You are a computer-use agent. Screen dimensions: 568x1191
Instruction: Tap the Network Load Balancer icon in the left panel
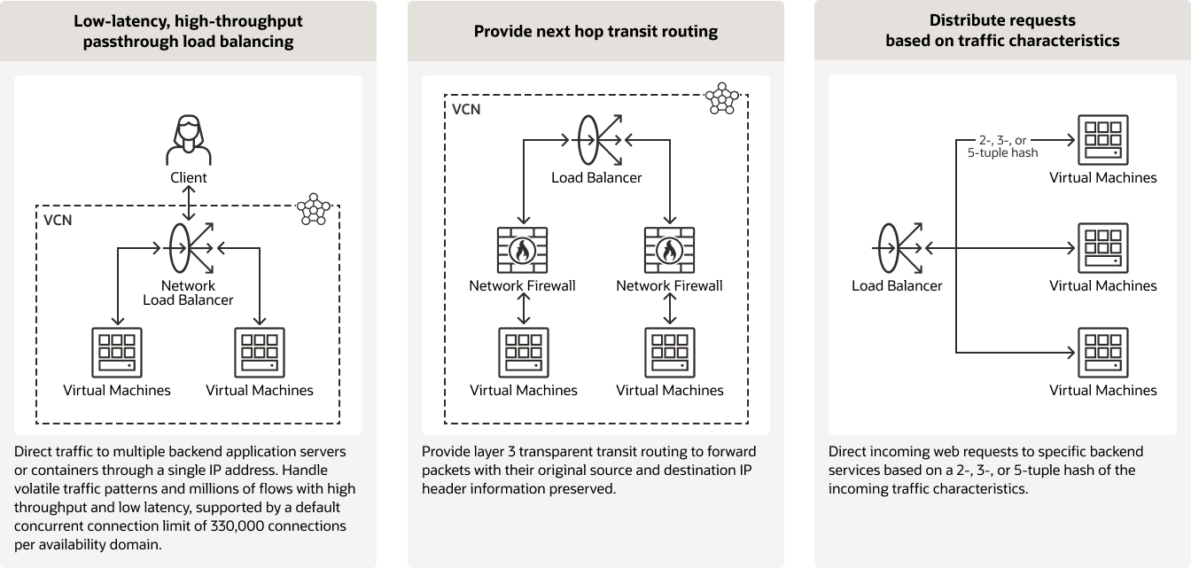point(188,248)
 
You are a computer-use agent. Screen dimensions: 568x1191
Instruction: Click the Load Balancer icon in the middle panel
point(596,140)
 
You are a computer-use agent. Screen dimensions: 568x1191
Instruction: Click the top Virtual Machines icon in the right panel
point(1102,140)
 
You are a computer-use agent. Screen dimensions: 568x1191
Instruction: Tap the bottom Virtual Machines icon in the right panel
point(1102,354)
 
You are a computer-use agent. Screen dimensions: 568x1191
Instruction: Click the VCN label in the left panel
point(58,220)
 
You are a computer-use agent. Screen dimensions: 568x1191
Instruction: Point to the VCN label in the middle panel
point(466,110)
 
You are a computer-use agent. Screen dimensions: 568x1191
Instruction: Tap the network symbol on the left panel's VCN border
point(313,208)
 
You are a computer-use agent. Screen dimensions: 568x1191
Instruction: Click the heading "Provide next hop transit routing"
point(595,32)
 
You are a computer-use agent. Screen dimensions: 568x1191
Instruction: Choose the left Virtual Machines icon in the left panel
point(117,354)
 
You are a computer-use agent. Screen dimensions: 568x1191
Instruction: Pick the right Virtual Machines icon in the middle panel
point(669,354)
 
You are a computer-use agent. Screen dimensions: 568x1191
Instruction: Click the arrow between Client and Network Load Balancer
point(188,203)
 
